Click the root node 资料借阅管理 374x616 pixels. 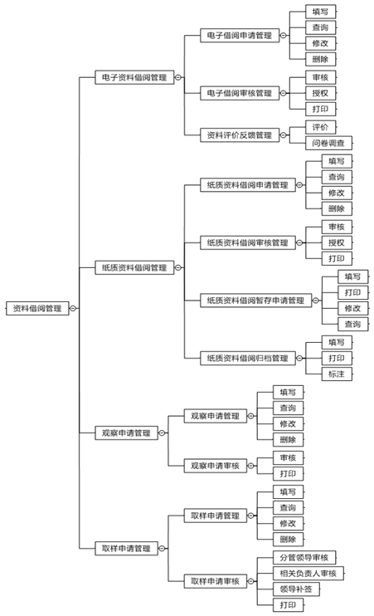pos(37,308)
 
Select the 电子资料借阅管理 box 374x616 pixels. pos(134,77)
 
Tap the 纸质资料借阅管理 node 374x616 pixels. pos(134,267)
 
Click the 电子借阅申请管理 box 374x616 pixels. pos(240,36)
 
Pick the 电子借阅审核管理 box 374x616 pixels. pos(240,93)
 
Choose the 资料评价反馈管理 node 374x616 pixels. pos(240,135)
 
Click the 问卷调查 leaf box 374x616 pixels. pos(328,143)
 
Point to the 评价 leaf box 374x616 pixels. pos(320,127)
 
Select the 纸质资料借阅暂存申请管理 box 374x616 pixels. pos(256,301)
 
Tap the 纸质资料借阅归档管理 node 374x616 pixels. pos(248,358)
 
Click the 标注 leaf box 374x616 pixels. pos(337,374)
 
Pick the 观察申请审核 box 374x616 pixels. pos(215,466)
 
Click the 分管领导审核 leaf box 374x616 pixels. pos(304,557)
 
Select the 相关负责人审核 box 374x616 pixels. pos(308,573)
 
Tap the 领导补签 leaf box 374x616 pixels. pos(296,589)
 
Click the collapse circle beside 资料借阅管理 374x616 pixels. pos(73,308)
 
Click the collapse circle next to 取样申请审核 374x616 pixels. pos(250,581)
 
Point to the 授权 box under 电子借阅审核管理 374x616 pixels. pos(320,93)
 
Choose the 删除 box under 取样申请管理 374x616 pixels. pos(288,539)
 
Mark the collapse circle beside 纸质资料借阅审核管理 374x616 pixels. pos(299,242)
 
